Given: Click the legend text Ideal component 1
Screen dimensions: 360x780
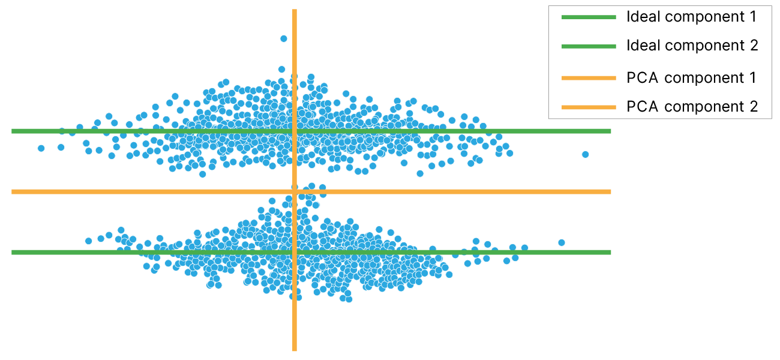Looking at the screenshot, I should click(691, 17).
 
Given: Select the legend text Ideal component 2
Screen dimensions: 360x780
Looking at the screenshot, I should click(692, 45).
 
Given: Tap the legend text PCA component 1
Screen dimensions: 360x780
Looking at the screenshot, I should click(691, 77).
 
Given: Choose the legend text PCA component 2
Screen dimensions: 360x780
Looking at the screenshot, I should click(692, 106).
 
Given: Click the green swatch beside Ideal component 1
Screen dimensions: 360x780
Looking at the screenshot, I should click(589, 17).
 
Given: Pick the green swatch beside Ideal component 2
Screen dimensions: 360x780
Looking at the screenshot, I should click(589, 46).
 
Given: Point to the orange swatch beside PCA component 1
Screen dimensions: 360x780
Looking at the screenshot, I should click(589, 78).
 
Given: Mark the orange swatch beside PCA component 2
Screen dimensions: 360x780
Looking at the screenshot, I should click(589, 107).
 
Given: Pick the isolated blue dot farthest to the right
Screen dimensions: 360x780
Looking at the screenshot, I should click(585, 154).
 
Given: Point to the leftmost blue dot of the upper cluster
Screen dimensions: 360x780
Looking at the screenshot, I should click(41, 148).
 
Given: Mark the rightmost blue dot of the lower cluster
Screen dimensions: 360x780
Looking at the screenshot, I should click(562, 242).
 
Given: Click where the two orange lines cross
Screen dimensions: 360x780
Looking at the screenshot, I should click(295, 191).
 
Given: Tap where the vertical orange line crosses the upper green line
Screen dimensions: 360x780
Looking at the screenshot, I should click(295, 131).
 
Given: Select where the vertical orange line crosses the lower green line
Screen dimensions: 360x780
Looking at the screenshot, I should click(295, 252).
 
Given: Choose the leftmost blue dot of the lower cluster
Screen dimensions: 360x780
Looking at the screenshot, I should click(88, 241).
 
